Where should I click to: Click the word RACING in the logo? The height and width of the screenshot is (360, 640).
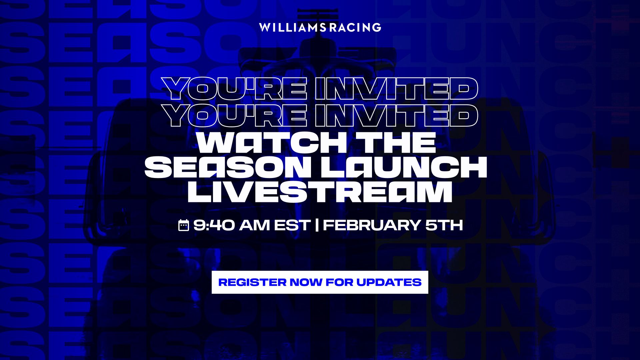tap(355, 27)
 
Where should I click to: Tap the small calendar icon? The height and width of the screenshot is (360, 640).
tap(184, 225)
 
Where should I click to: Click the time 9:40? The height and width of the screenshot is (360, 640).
tap(214, 225)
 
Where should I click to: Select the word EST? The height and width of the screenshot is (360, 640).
tap(292, 225)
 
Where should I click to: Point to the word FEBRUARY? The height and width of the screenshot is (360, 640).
tap(371, 225)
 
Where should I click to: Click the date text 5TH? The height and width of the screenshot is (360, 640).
tap(445, 225)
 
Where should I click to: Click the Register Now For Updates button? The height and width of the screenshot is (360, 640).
tap(320, 282)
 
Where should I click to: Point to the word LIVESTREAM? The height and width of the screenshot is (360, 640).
tap(320, 193)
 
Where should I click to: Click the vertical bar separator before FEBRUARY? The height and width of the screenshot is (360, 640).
tap(317, 225)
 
